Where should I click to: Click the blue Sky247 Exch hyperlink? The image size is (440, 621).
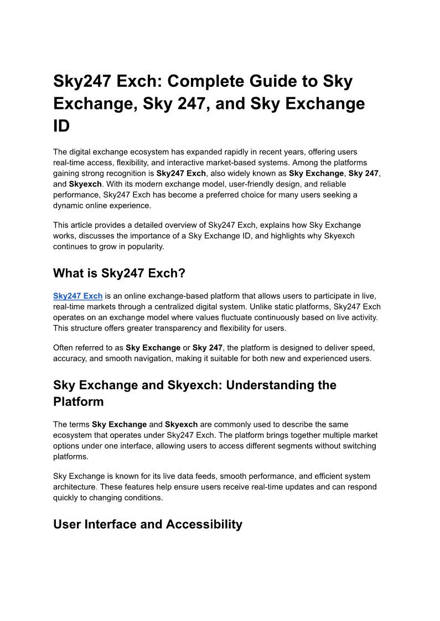[77, 296]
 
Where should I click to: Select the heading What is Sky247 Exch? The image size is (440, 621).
[118, 273]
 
